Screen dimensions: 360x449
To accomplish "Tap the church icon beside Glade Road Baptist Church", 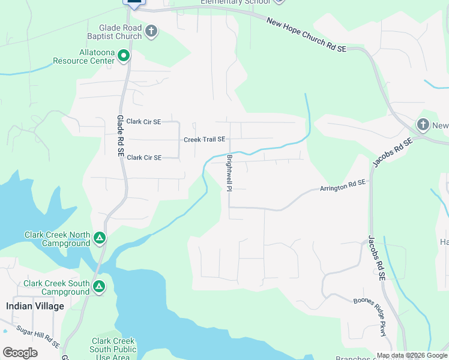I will coord(151,31).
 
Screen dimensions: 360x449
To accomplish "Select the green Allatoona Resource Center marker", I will coord(124,56).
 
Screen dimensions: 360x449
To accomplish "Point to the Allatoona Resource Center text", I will coord(83,56).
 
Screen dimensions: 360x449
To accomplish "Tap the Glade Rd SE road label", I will coord(121,137).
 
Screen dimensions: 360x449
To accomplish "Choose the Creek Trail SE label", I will coord(204,139).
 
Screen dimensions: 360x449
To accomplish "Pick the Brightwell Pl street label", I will coord(229,173).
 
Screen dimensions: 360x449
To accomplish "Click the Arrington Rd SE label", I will coord(342,187).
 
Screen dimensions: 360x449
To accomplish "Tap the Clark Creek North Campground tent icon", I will coord(100,239).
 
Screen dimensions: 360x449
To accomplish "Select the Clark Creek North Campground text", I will coord(57,239).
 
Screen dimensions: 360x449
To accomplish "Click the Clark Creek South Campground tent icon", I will coord(98,287).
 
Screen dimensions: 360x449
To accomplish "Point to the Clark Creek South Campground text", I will coord(56,287).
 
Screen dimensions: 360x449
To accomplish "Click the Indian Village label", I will coord(35,306).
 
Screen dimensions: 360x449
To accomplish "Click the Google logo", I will coord(20,353).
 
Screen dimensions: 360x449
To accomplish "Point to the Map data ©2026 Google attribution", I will coord(412,355).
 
